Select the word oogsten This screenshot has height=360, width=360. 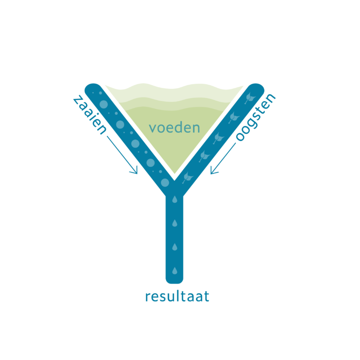pos(255,117)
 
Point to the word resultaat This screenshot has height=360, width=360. pos(177,297)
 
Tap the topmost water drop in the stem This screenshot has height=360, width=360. pos(174,200)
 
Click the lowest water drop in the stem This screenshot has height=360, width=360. pos(174,270)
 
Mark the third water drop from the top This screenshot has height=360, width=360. pos(174,247)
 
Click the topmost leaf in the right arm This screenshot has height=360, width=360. pos(249,97)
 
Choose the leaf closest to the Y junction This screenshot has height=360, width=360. pos(187,176)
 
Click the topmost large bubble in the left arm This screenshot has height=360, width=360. pos(120,125)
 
